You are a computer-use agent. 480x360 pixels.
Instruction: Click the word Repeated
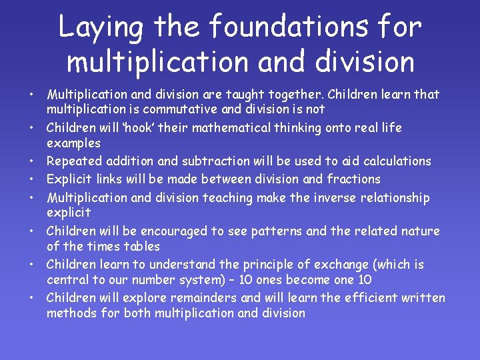tap(73, 161)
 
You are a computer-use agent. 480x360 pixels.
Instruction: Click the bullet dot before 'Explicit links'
tap(31, 179)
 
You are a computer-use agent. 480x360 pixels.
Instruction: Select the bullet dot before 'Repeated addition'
tap(31, 161)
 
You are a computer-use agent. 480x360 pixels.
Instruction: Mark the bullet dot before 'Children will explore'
tap(31, 298)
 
